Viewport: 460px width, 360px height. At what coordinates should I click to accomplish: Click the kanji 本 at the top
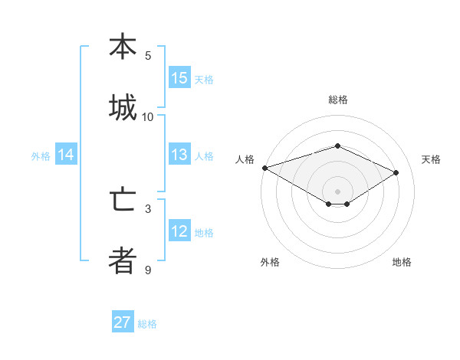coord(123,47)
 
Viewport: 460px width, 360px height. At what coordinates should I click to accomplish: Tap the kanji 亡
coord(123,201)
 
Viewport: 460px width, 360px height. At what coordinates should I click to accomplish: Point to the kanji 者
coord(123,260)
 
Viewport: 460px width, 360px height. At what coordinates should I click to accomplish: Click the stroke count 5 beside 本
coord(148,56)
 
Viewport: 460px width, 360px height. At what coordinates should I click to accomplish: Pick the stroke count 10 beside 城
coord(148,116)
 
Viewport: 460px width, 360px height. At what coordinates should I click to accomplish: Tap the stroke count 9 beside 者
coord(148,270)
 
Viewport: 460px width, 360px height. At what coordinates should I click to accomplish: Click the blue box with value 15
coord(179,78)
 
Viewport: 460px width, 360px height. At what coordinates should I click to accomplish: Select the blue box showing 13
coord(179,155)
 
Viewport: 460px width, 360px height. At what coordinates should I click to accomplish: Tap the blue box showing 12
coord(179,231)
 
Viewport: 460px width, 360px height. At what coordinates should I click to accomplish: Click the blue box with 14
coord(66,155)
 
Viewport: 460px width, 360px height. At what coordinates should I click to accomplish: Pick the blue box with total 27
coord(123,322)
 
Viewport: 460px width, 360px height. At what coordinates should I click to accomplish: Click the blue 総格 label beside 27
coord(147,324)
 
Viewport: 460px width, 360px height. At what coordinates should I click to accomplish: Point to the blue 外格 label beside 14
coord(41,156)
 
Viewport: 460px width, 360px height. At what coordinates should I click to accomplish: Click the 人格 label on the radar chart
coord(245,159)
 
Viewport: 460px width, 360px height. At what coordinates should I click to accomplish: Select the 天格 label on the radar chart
coord(431,159)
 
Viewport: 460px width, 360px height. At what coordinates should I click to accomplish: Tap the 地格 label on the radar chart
coord(402,262)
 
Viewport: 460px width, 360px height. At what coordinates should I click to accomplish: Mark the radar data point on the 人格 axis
coord(264,168)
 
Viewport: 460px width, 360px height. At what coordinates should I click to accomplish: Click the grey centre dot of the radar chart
coord(337,191)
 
